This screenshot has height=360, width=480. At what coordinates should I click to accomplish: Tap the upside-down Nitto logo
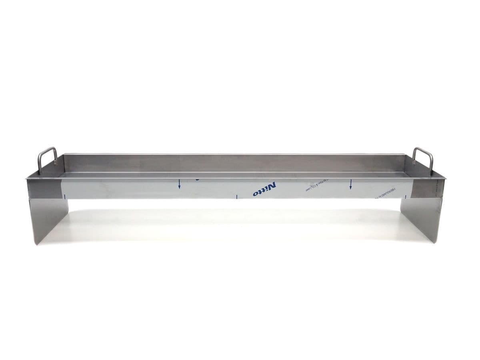(x=264, y=189)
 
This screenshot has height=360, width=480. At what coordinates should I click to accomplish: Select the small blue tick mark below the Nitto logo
(x=237, y=196)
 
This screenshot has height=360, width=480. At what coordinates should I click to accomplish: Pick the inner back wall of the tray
(x=236, y=163)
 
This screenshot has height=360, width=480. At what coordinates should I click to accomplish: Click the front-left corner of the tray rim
(x=26, y=179)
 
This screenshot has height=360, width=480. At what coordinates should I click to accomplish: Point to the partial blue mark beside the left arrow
(x=197, y=180)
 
